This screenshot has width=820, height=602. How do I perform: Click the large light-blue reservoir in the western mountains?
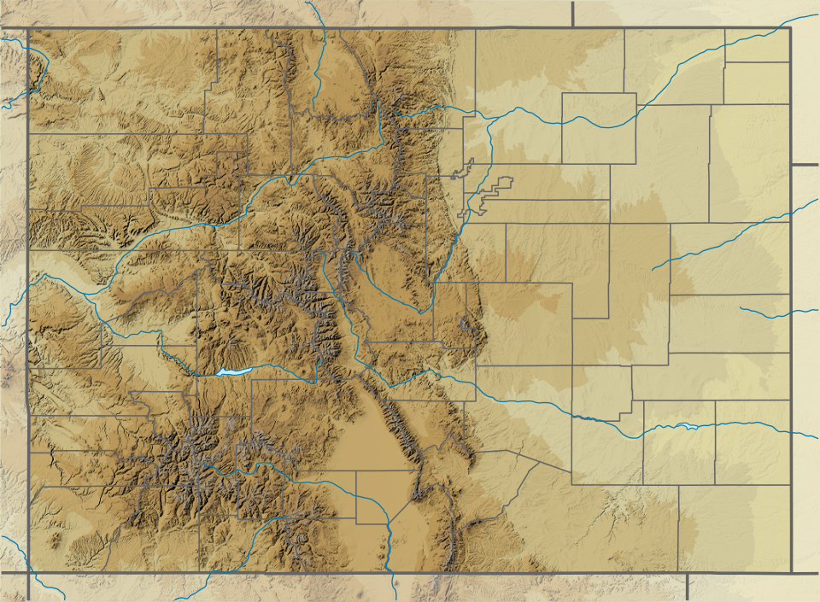coord(230,371)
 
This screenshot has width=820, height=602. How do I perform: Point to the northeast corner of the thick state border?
coord(790,28)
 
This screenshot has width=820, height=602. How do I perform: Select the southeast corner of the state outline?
coord(791,571)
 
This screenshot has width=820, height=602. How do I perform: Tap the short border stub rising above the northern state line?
coord(572,14)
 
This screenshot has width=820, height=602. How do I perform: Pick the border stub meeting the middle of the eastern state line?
coord(805,164)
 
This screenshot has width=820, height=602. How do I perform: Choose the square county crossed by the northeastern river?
coord(599,128)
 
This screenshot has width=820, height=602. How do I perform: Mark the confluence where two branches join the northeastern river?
coord(492,120)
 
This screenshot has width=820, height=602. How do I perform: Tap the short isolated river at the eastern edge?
coord(777,313)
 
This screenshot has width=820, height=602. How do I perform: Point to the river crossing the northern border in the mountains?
coord(324,30)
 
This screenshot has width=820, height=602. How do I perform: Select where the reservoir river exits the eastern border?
coord(790,432)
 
